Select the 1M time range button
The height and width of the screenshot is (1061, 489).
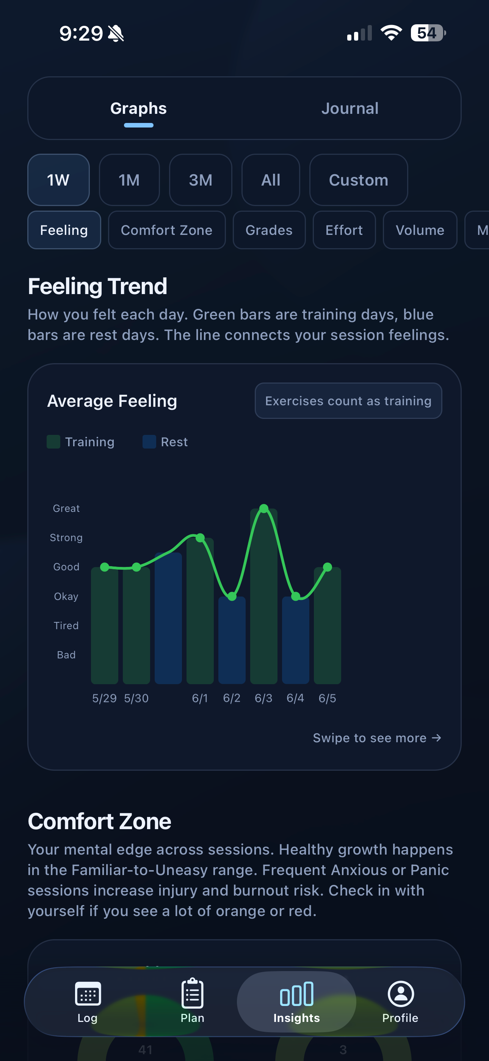129,180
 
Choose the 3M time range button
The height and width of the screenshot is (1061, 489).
201,180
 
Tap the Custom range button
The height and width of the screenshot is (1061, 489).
359,180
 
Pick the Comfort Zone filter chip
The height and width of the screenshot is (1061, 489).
167,230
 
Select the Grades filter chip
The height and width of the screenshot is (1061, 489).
269,230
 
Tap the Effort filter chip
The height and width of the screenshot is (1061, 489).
344,230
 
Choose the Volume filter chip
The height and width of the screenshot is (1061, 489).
420,230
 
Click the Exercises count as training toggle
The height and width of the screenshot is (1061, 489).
348,401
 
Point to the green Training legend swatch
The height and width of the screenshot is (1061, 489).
53,442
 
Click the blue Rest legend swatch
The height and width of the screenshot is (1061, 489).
149,442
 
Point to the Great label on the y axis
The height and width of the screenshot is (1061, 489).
66,508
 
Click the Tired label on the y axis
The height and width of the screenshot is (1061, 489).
66,626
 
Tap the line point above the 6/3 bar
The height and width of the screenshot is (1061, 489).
264,508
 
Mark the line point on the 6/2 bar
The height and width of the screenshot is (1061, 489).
232,597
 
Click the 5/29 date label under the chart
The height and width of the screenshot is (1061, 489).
104,698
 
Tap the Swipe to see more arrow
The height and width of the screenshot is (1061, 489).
436,738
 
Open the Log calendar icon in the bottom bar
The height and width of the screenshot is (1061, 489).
88,993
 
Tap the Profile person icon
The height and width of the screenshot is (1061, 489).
401,993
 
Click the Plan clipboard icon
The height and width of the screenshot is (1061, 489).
192,993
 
